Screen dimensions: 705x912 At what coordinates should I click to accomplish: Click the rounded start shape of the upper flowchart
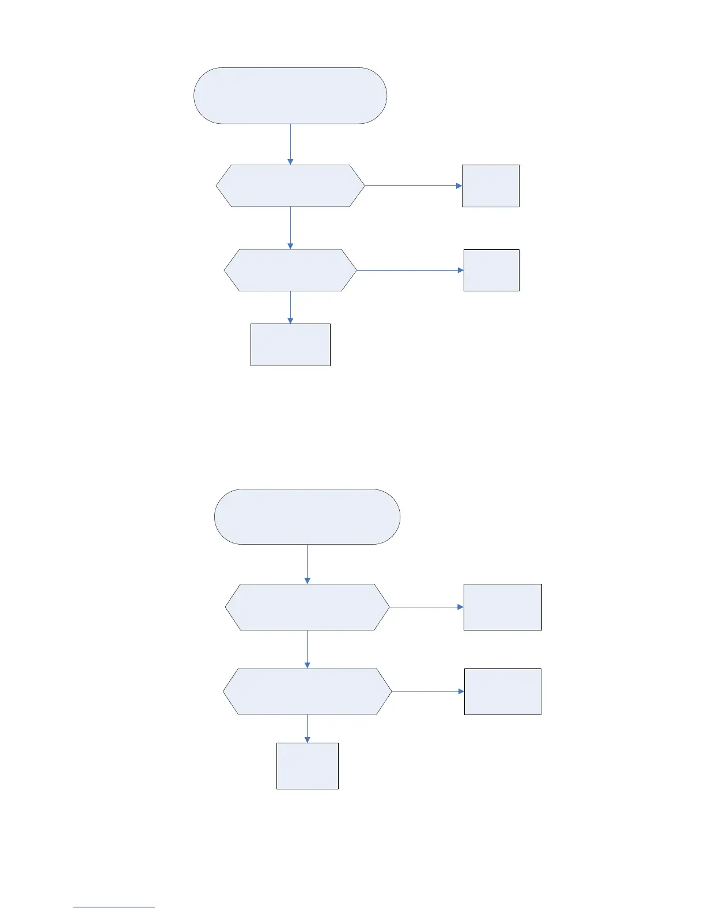coord(290,96)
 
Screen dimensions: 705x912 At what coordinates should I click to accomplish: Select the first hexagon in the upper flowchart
coord(290,186)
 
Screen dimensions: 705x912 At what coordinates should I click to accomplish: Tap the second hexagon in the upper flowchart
coord(290,270)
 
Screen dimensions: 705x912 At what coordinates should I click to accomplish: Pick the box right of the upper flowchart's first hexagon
coord(491,186)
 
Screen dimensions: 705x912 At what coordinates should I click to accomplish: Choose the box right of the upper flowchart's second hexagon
coord(491,270)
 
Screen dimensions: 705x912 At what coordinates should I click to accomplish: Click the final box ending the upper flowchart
coord(290,345)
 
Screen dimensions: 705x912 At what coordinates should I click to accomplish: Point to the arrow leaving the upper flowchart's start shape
coord(290,144)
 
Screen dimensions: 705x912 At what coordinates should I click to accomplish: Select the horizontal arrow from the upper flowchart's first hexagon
coord(414,186)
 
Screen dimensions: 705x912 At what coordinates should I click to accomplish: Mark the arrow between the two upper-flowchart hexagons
coord(290,228)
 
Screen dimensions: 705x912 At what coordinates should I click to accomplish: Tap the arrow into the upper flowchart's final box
coord(290,307)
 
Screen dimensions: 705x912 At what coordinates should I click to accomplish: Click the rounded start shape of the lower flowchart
coord(307,517)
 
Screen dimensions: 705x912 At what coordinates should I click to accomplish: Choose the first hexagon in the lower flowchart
coord(307,607)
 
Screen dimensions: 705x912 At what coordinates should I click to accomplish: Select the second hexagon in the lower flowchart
coord(307,691)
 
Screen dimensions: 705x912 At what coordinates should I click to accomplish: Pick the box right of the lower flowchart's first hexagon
coord(503,607)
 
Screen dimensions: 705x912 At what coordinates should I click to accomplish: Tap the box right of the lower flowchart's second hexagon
coord(503,691)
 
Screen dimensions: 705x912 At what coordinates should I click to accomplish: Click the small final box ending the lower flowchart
coord(308,766)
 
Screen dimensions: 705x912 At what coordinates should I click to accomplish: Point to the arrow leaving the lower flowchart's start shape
coord(307,564)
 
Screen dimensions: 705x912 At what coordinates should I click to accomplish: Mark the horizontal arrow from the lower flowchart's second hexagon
coord(428,691)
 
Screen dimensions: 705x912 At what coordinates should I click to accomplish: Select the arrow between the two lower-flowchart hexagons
coord(307,649)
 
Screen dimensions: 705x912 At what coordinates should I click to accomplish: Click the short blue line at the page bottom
coord(114,907)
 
